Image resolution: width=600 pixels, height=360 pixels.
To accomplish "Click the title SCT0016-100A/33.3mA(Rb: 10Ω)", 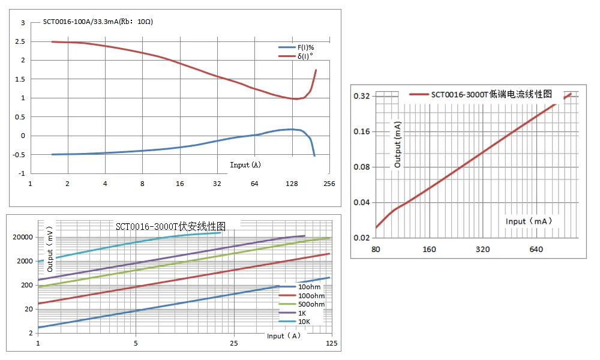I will tap(98, 23).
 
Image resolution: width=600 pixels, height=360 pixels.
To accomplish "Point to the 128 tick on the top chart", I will tap(292, 184).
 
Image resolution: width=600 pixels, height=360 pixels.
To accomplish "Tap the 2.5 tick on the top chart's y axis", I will tap(23, 41).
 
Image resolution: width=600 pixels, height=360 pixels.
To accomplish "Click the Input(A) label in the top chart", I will tap(245, 164).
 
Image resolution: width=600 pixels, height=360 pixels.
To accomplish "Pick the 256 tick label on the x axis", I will tap(329, 184).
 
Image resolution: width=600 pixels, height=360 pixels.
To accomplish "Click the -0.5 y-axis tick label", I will tap(22, 155).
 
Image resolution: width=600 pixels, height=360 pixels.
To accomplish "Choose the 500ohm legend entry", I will tap(311, 304).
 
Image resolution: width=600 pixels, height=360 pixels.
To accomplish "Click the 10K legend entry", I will tap(304, 322).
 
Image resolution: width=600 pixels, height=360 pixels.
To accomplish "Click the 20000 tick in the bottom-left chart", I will tap(23, 237).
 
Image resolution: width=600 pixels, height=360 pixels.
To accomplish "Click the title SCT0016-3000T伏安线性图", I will tap(170, 227).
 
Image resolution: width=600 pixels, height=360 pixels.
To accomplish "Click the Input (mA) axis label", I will tap(529, 221).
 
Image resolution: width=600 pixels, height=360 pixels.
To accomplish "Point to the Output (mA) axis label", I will tap(397, 144).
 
